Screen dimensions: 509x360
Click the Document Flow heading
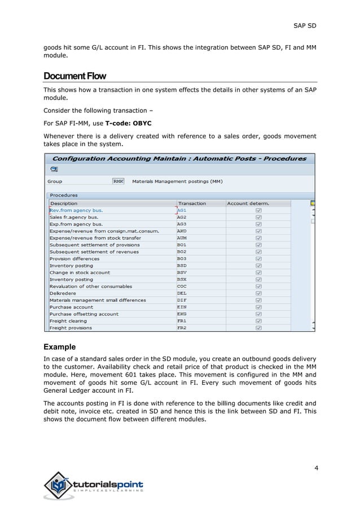pos(74,76)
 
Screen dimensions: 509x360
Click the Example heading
pos(60,346)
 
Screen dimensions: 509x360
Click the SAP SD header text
pos(305,25)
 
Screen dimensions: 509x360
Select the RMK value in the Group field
pos(118,181)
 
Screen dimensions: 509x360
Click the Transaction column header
pos(192,203)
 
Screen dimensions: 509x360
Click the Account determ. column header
pos(248,203)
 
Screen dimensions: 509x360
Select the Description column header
pos(64,203)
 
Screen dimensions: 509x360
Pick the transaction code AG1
pos(182,210)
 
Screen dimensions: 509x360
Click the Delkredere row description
pos(63,293)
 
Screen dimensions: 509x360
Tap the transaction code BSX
pos(182,279)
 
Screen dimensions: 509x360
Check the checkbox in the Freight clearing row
pos(258,321)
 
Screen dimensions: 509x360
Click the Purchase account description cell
pos(71,307)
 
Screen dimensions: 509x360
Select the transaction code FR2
pos(182,328)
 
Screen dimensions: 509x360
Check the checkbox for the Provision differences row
pos(258,258)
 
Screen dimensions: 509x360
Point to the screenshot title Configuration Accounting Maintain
pos(179,159)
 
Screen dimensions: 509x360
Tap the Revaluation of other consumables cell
pos(91,286)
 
